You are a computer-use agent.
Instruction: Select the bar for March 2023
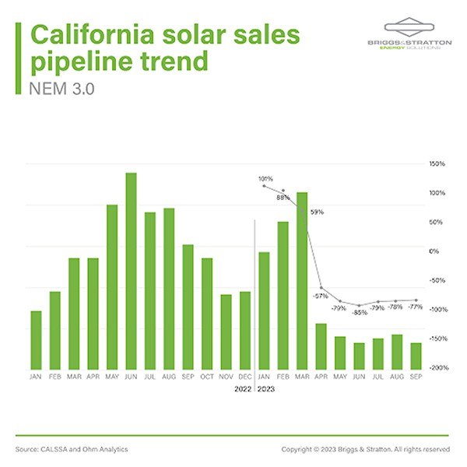301,280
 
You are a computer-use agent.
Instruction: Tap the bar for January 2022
36,339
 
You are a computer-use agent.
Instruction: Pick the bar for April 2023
321,346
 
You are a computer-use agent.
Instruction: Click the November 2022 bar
226,332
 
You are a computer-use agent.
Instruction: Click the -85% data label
359,313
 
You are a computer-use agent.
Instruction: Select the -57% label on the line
320,296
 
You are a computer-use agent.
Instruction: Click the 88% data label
283,198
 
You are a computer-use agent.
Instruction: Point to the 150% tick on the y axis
436,164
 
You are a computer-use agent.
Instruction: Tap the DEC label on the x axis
244,376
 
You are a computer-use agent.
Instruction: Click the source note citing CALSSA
72,449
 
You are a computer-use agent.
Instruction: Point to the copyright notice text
365,449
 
